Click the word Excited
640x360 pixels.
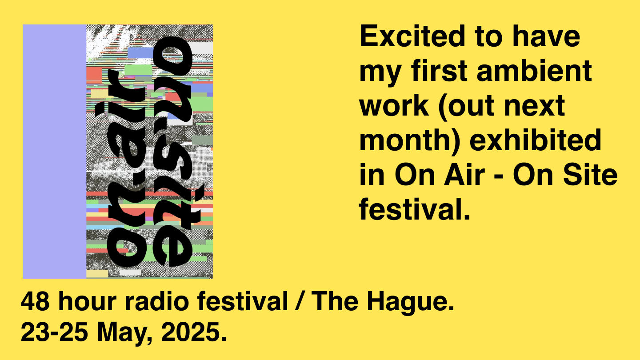pyautogui.click(x=412, y=36)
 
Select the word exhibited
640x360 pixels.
pyautogui.click(x=536, y=140)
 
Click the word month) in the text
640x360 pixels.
pyautogui.click(x=410, y=141)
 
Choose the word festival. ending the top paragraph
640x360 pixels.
pyautogui.click(x=415, y=209)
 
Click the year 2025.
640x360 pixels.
pyautogui.click(x=194, y=332)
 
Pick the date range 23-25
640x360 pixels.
pyautogui.click(x=54, y=332)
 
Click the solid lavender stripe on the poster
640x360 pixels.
pyautogui.click(x=55, y=152)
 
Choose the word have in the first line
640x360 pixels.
pyautogui.click(x=546, y=36)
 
